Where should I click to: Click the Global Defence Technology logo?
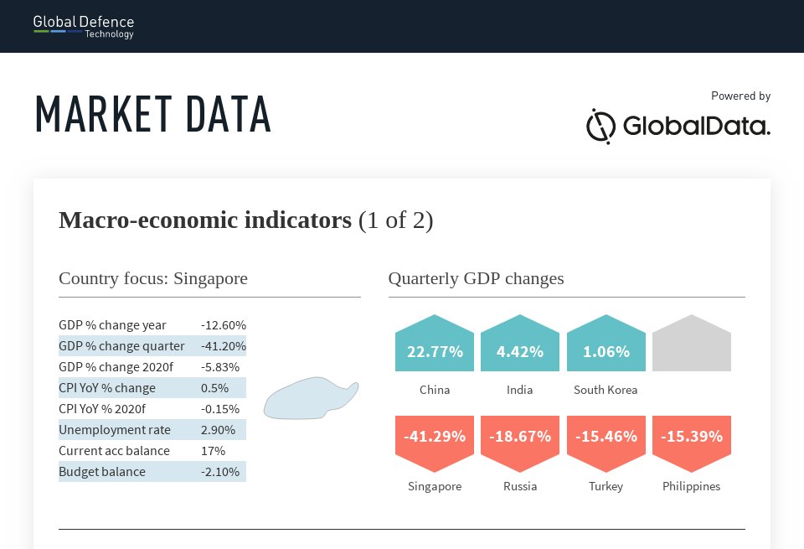click(84, 27)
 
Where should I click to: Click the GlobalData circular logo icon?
click(600, 127)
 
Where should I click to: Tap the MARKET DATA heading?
click(152, 114)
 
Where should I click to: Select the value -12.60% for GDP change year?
click(224, 325)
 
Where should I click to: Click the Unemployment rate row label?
click(115, 430)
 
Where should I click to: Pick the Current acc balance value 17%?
click(213, 451)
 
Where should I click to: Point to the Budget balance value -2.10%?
click(220, 472)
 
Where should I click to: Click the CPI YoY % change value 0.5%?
click(214, 388)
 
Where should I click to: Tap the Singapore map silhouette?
click(311, 399)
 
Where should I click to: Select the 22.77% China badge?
click(435, 344)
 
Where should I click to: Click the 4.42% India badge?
click(520, 344)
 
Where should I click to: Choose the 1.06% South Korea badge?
click(606, 344)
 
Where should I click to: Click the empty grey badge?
click(692, 344)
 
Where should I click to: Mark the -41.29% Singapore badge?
click(435, 443)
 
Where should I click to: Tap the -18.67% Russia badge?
click(520, 443)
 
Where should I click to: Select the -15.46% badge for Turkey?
click(606, 443)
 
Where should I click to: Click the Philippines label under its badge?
click(691, 486)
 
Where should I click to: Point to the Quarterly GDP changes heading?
click(476, 278)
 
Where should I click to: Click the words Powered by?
click(741, 96)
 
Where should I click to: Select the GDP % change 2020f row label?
click(116, 367)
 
